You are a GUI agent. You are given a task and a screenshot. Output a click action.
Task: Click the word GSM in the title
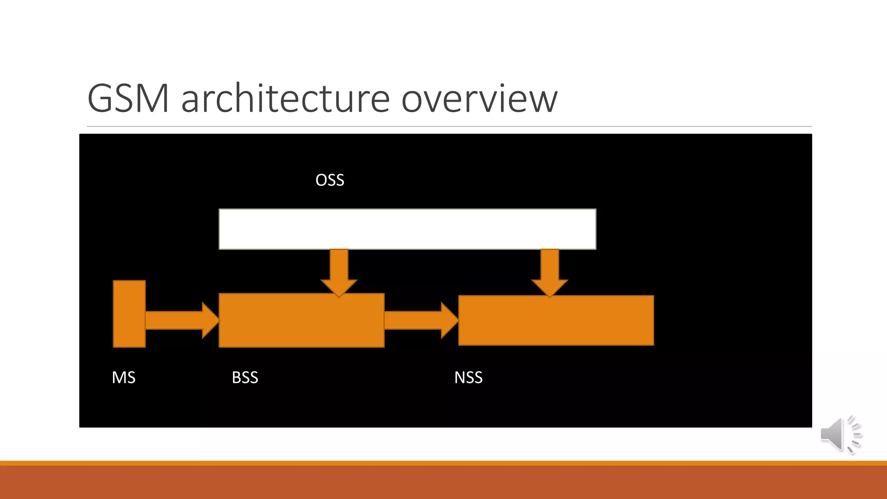click(x=128, y=99)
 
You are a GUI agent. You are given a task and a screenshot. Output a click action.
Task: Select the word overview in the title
click(x=479, y=99)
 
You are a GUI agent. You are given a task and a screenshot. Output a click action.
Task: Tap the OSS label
click(x=330, y=180)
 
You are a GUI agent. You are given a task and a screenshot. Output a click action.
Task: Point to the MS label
click(x=123, y=377)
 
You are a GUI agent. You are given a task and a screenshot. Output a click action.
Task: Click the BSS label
click(x=245, y=377)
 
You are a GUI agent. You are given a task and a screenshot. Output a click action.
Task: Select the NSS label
click(x=468, y=377)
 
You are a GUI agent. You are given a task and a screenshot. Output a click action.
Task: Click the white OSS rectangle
click(x=407, y=229)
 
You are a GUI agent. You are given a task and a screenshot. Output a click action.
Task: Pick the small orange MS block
click(x=129, y=314)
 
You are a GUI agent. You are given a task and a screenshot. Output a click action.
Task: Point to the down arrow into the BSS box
click(x=339, y=271)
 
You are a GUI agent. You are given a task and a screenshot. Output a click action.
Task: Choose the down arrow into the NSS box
click(x=550, y=271)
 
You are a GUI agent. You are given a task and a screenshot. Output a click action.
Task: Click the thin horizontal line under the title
click(x=449, y=126)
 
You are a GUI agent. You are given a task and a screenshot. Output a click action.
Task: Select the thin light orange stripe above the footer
click(x=443, y=463)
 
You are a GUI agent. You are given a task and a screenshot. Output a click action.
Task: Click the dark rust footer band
click(x=443, y=483)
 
